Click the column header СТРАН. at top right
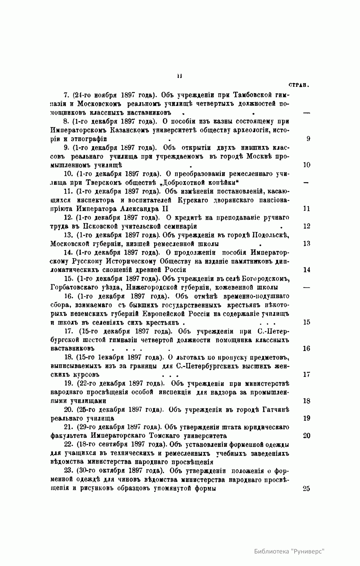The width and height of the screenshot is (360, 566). point(299,85)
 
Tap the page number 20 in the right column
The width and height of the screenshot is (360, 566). point(306,436)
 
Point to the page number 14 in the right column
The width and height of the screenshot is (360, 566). point(306,270)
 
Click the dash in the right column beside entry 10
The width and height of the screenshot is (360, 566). point(306,183)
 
